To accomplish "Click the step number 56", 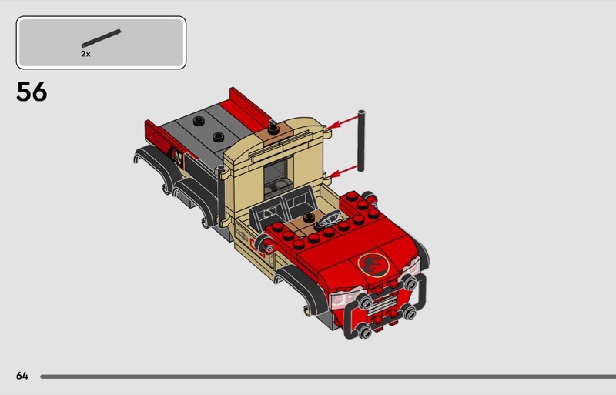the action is tap(32, 92).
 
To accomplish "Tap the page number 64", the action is tap(22, 376).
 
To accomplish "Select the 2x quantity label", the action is tap(85, 54).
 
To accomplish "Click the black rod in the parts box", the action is tap(102, 38).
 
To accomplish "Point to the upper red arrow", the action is tap(342, 122).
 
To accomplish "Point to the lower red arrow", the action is tap(343, 172).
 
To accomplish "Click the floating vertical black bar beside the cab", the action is tap(361, 141).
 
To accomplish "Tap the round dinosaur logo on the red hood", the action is tap(373, 264).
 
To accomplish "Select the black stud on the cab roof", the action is tap(273, 129).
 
